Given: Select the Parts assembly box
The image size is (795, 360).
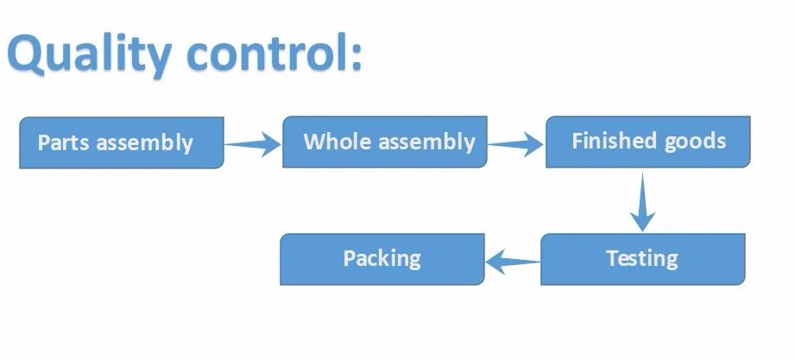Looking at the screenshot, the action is [121, 142].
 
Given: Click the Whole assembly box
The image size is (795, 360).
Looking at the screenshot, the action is [385, 142].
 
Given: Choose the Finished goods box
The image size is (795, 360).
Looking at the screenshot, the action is [648, 142].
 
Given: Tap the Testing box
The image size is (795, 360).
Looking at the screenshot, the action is [643, 259].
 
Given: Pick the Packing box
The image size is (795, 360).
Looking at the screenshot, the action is [382, 259].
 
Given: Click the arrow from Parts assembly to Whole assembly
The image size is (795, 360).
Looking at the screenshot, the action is [253, 144].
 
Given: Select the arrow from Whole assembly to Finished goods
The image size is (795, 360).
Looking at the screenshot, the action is [515, 144].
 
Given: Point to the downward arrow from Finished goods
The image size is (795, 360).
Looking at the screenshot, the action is [643, 202].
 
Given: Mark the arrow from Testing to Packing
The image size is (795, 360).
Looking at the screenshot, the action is [513, 262].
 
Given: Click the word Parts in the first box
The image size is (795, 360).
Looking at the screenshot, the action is [64, 142].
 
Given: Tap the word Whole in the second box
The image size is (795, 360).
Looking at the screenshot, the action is [338, 141].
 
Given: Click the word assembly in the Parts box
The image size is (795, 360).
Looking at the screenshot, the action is [145, 143].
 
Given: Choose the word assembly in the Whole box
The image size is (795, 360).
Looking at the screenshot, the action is [427, 142].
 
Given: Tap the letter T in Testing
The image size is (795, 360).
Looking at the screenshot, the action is [613, 257].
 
